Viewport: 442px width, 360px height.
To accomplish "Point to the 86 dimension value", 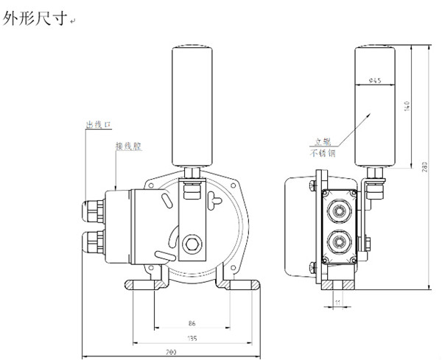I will point(191,322).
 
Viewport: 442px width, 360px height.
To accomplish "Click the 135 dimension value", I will point(192,339).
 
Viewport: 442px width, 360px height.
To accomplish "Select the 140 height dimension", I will point(406,105).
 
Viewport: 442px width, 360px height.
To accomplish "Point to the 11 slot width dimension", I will point(337,303).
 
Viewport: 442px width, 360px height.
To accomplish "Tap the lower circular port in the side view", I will point(340,241).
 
